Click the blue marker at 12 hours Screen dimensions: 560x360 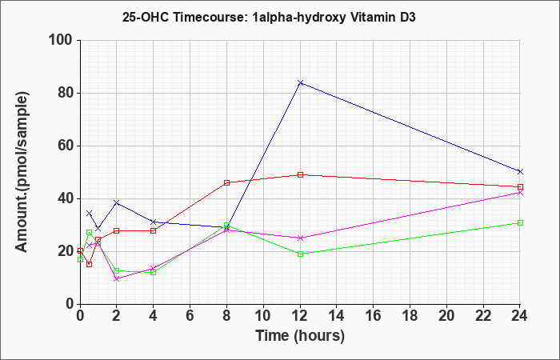[x=300, y=82]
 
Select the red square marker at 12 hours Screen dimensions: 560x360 [x=300, y=174]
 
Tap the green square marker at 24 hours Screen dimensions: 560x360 [x=520, y=223]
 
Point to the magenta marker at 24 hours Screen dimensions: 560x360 [x=520, y=193]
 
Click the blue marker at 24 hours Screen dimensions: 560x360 [x=520, y=171]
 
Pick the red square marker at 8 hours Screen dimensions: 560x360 [x=226, y=183]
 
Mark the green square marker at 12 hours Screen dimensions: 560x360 [x=300, y=254]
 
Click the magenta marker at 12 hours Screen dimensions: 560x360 [x=300, y=238]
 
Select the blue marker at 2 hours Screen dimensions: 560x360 [x=117, y=202]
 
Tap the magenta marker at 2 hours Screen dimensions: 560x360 [x=117, y=279]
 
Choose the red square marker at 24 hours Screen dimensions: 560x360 [x=520, y=186]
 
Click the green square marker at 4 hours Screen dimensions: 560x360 [x=154, y=272]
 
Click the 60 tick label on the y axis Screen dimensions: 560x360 [x=66, y=146]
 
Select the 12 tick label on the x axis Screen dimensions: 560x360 [x=300, y=316]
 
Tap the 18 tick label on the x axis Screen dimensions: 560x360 [x=410, y=316]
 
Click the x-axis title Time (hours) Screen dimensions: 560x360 [x=300, y=336]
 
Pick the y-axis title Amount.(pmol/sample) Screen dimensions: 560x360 [x=22, y=172]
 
